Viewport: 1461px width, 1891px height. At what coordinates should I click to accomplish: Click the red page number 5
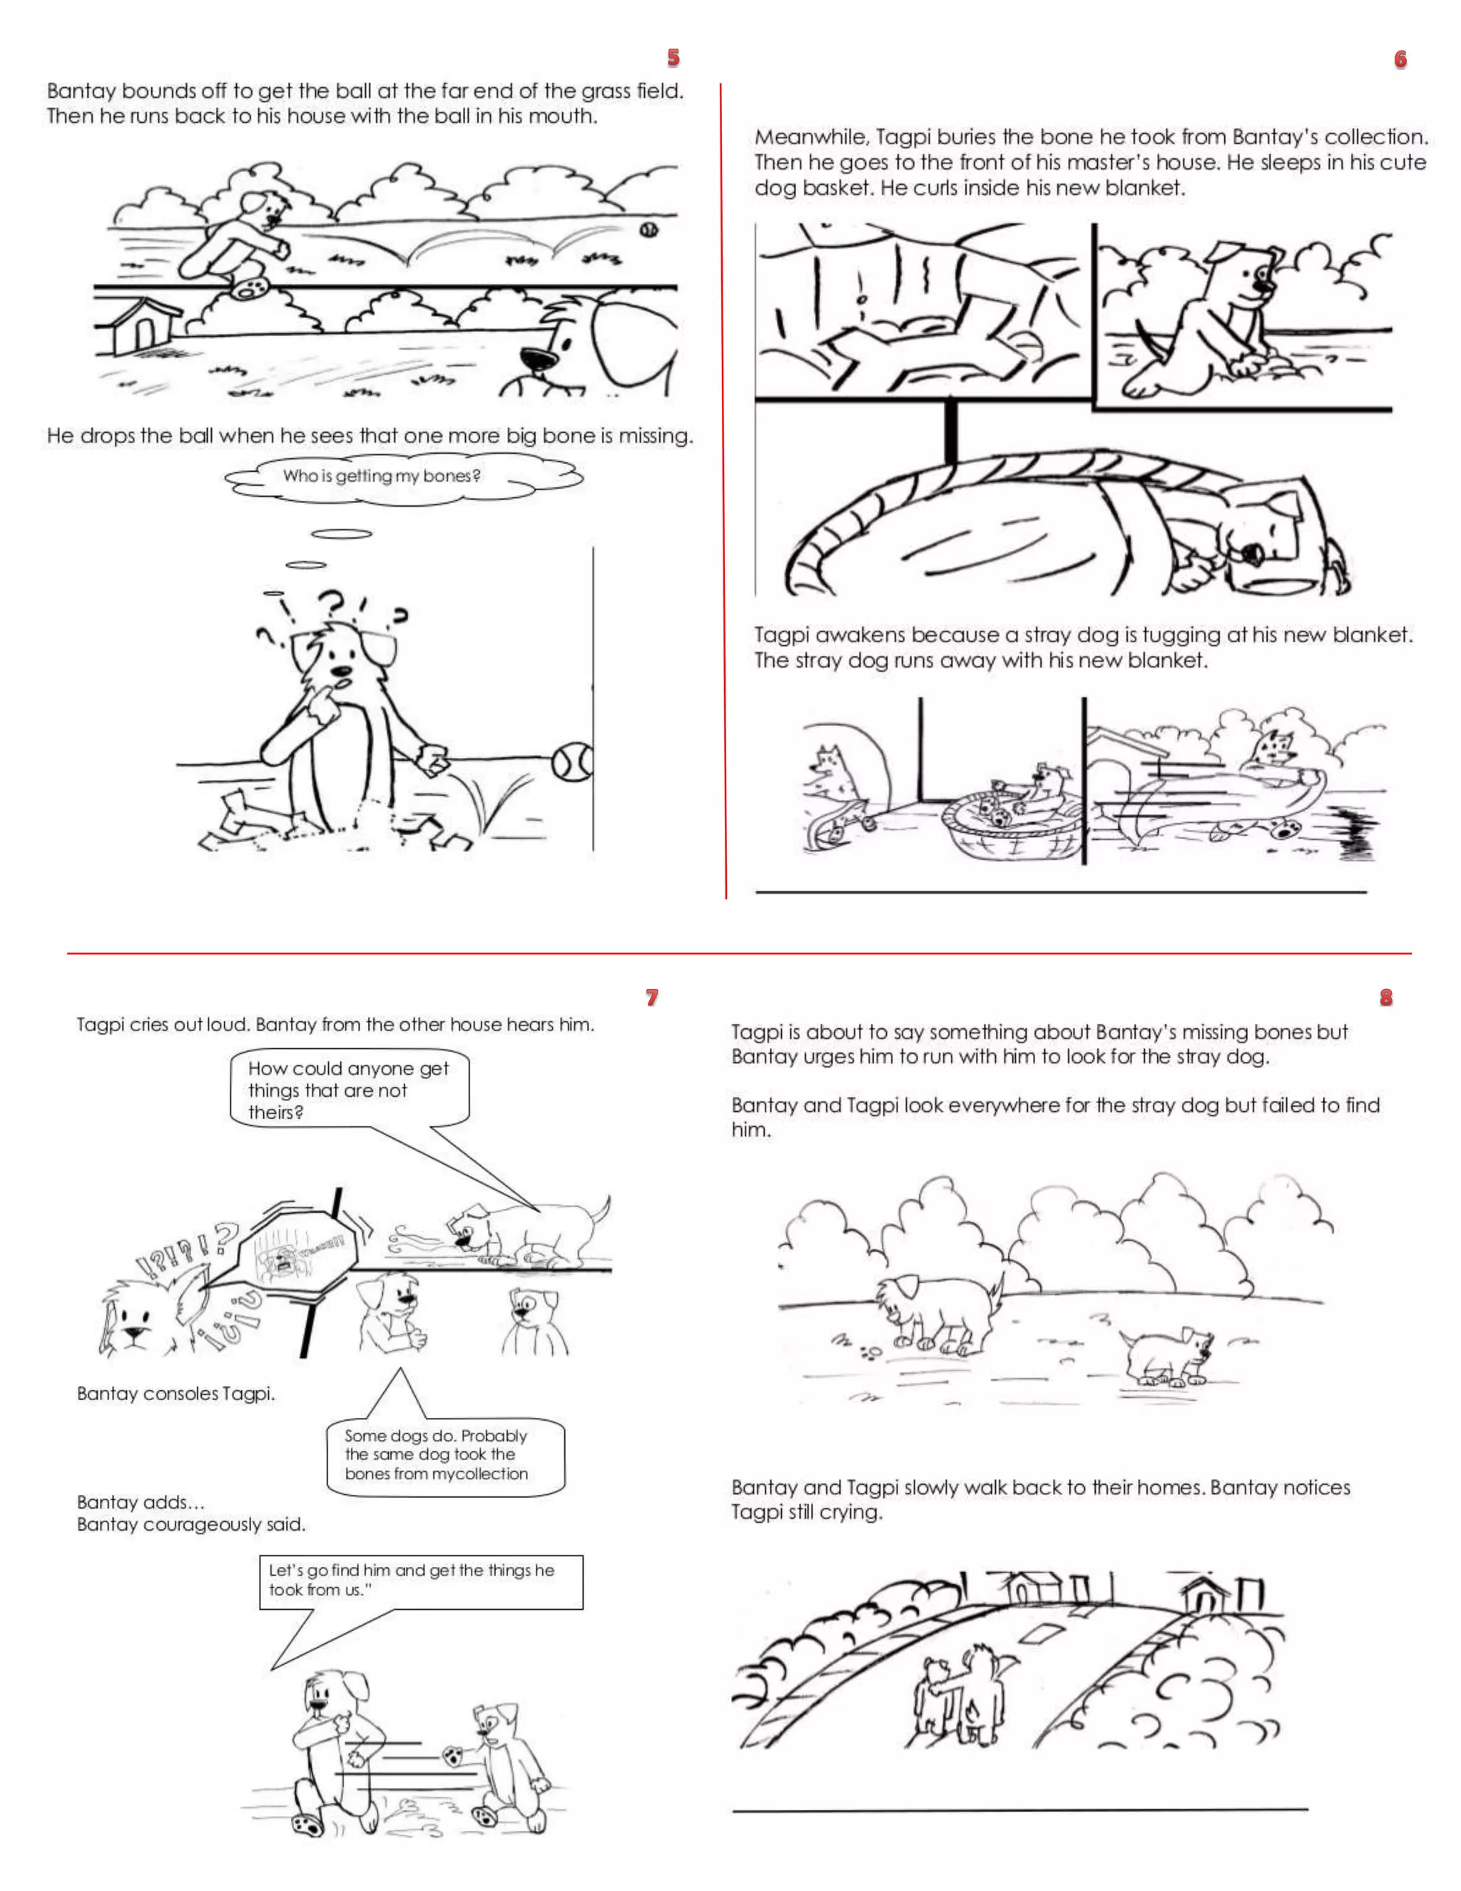673,58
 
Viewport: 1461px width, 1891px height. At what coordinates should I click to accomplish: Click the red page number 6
1400,59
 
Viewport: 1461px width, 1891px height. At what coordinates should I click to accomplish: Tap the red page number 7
652,997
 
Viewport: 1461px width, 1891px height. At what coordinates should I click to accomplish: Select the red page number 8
1385,997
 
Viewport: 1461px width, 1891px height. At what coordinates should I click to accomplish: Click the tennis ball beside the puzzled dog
572,762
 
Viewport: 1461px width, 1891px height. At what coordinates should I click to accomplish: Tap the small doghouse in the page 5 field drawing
138,325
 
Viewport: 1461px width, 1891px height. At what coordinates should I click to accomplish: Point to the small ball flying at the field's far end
648,230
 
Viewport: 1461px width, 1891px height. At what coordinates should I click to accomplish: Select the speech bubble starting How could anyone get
349,1089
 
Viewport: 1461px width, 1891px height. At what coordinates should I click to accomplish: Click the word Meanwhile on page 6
810,138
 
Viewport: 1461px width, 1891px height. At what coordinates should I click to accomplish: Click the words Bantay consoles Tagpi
175,1393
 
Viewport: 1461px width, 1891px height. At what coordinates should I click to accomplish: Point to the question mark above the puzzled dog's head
332,601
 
